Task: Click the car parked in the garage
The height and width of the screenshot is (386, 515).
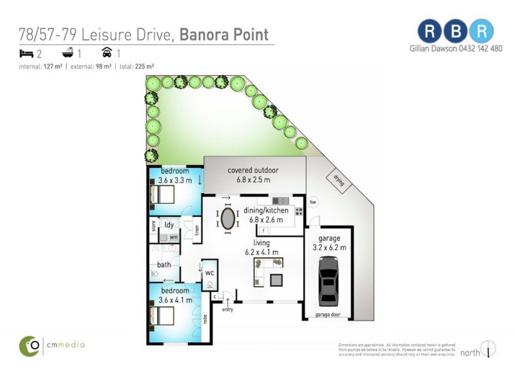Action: [328, 281]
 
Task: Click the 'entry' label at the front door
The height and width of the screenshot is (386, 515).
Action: [228, 309]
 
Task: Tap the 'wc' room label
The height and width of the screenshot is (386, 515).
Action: [209, 271]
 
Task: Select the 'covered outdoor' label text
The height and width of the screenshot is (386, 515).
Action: [253, 170]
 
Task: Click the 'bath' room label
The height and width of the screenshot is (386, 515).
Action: [164, 264]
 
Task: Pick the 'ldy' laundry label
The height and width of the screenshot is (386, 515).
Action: [169, 225]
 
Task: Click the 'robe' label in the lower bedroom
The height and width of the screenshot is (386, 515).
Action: [205, 317]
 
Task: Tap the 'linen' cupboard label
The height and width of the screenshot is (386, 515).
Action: [196, 230]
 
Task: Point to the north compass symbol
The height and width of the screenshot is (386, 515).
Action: [489, 349]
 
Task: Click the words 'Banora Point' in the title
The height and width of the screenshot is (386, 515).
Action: [223, 34]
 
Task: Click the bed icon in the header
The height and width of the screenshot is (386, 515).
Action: [26, 53]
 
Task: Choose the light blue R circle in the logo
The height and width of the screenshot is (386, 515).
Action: [482, 30]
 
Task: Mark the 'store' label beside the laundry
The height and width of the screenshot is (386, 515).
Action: [154, 226]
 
